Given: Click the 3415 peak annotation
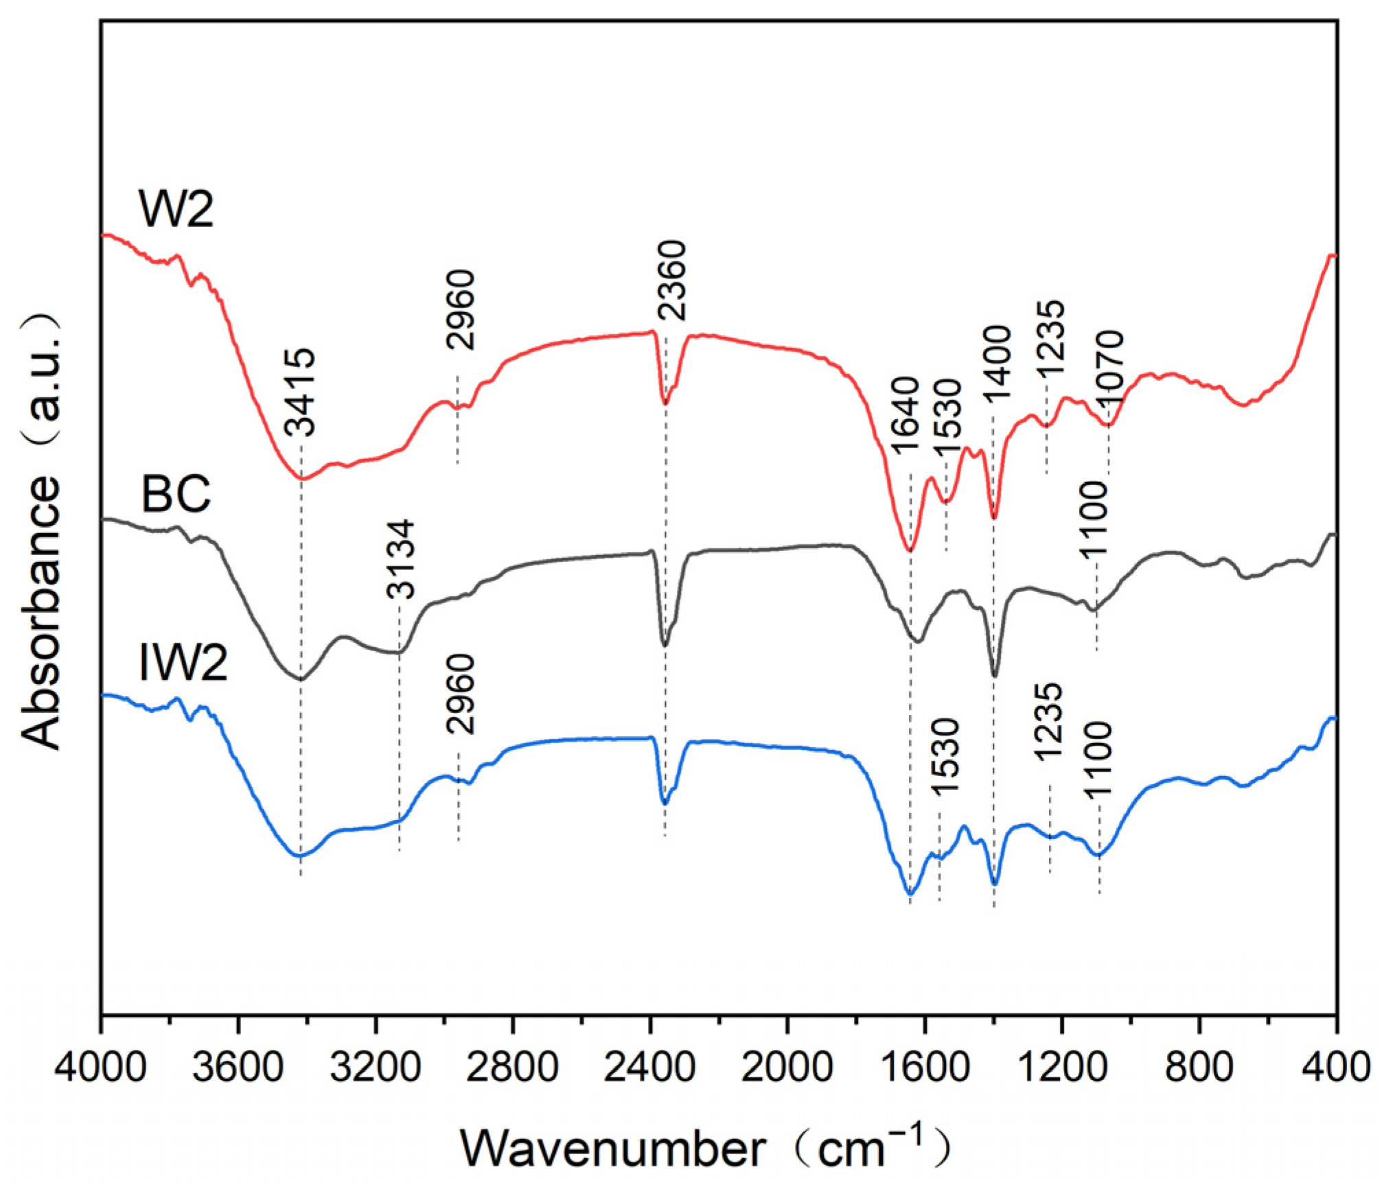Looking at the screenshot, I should (x=300, y=392).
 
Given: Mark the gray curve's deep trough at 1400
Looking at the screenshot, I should (x=995, y=676).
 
